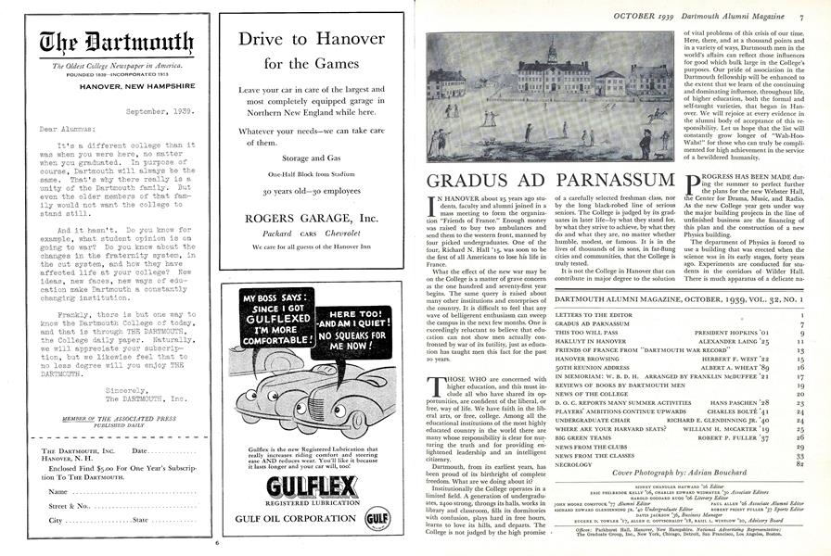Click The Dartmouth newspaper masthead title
tap(103, 43)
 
